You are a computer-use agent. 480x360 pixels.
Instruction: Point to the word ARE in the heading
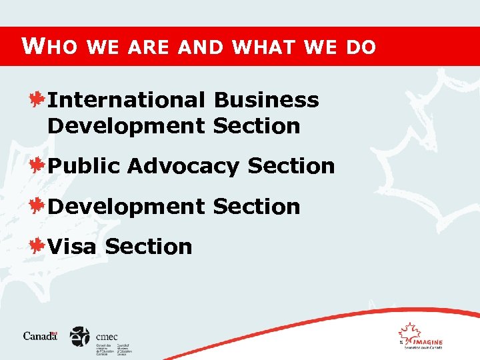(147, 47)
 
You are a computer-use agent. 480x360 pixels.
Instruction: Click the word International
(127, 100)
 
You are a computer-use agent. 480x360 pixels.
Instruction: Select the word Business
(266, 100)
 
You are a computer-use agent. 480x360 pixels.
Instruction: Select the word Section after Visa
(148, 247)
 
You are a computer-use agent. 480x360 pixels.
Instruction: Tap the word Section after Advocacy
(291, 166)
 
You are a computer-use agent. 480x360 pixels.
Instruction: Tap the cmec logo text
(106, 337)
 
